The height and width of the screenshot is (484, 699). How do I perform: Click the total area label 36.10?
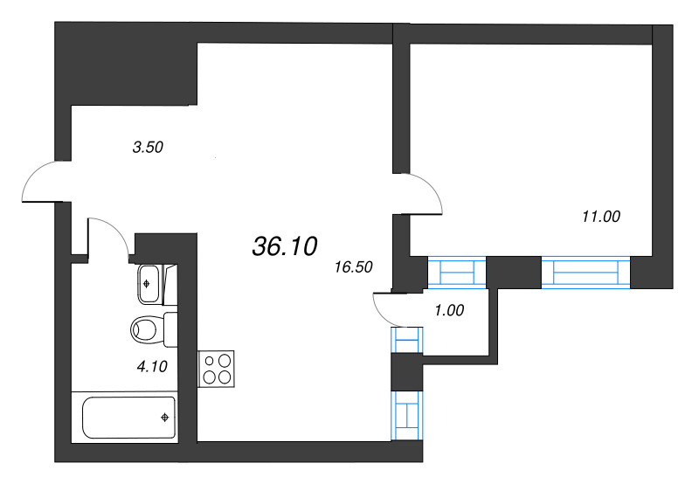(284, 247)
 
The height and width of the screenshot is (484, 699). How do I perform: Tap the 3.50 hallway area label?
(148, 148)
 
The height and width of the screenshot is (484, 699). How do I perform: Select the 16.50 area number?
(354, 267)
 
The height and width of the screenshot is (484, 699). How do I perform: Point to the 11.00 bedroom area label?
(600, 216)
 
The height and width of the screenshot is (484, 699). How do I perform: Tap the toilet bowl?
(145, 329)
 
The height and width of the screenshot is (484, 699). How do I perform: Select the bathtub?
(128, 417)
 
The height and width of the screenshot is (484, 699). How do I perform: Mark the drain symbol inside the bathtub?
(163, 417)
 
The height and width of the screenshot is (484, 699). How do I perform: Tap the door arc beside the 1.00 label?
(384, 308)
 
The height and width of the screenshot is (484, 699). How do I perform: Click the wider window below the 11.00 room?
(585, 273)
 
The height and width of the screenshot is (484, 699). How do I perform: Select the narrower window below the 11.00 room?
(455, 273)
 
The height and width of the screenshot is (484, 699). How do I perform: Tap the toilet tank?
(170, 329)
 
